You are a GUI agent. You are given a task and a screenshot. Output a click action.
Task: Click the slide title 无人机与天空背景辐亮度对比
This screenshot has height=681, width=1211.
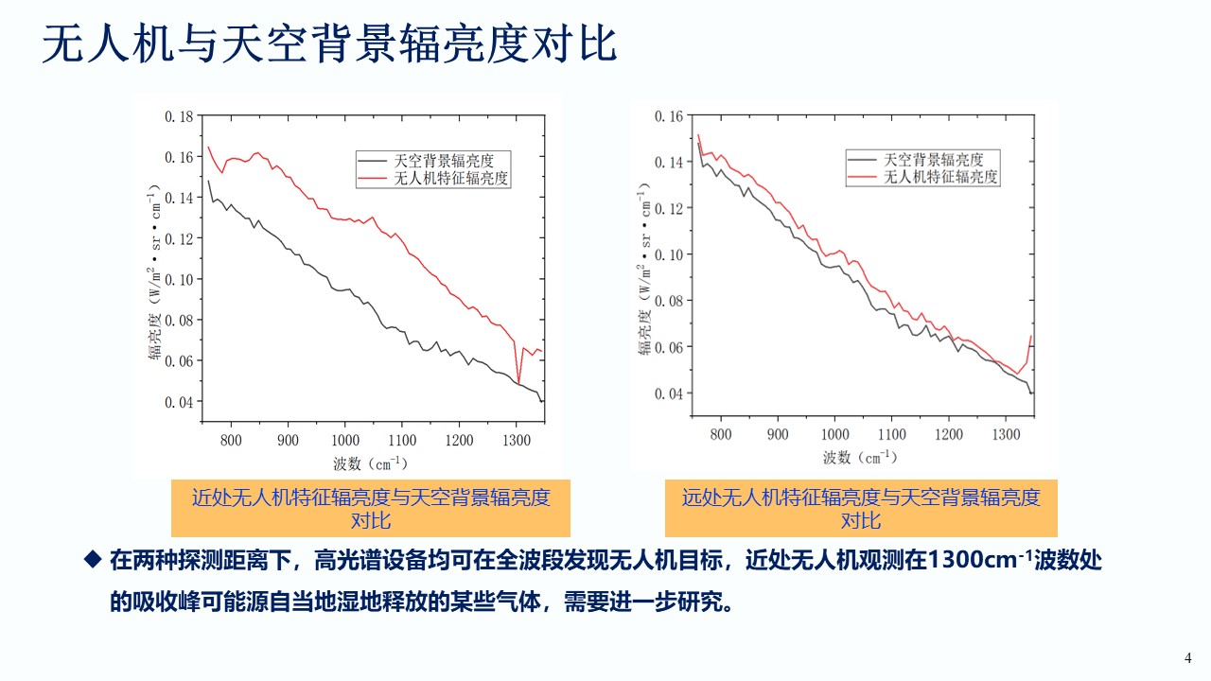[329, 44]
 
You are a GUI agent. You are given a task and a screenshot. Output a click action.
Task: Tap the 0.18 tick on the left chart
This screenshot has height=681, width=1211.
[179, 116]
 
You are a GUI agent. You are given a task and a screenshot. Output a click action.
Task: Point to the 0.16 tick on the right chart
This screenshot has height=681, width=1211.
[669, 116]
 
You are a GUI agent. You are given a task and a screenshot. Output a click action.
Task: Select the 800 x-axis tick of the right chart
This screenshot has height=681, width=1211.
[721, 434]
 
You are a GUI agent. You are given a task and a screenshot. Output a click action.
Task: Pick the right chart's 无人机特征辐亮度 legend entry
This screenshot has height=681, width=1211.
[940, 177]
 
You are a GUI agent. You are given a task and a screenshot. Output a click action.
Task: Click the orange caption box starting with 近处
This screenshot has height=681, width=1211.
[371, 509]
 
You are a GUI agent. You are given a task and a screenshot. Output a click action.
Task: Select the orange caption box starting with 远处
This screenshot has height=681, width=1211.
[860, 509]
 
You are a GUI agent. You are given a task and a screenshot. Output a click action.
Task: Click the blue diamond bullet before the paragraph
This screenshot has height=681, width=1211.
[93, 559]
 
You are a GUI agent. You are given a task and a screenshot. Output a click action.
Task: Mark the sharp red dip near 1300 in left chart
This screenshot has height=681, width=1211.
[518, 381]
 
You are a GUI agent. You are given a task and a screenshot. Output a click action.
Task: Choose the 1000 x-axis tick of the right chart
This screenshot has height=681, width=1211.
[834, 434]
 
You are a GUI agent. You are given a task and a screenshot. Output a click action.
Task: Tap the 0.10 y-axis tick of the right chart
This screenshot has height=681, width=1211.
[669, 254]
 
